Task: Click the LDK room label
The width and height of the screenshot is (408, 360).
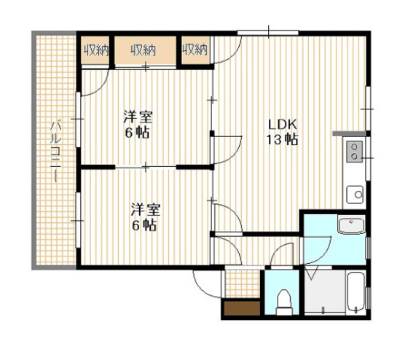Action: click(x=283, y=125)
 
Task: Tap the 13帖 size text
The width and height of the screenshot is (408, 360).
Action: click(x=282, y=139)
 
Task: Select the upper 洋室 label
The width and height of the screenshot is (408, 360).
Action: click(x=138, y=117)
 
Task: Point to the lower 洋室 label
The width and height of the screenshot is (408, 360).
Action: click(x=146, y=210)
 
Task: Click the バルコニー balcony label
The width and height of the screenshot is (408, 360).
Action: click(x=55, y=151)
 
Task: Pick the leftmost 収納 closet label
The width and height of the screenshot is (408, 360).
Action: click(x=95, y=50)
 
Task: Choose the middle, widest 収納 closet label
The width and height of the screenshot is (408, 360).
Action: click(x=143, y=50)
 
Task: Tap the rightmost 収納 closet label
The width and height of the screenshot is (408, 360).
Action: click(x=195, y=50)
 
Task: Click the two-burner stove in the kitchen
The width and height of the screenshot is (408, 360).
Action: click(x=354, y=152)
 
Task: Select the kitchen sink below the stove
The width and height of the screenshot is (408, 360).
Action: click(x=355, y=195)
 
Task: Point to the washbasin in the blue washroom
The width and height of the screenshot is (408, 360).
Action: click(x=351, y=225)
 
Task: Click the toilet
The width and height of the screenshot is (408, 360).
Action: click(x=284, y=302)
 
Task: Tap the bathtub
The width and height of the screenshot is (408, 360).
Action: click(x=356, y=292)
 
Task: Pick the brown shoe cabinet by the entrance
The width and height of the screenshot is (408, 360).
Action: click(x=242, y=308)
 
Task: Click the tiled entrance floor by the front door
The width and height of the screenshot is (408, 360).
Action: click(x=243, y=283)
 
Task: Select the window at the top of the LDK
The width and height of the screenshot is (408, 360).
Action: click(x=268, y=33)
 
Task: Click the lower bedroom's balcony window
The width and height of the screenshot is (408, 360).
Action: click(x=78, y=220)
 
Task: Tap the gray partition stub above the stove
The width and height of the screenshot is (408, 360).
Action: click(x=349, y=133)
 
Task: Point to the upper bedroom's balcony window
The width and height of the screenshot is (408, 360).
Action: click(x=78, y=120)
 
